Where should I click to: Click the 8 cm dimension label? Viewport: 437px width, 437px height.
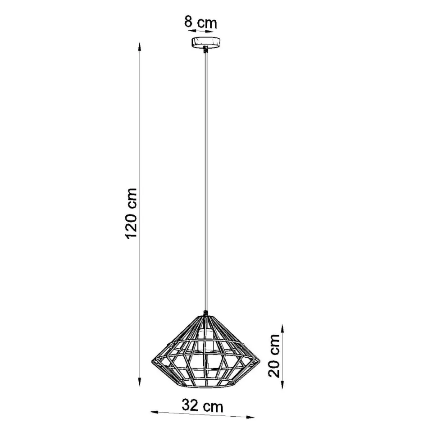(200, 22)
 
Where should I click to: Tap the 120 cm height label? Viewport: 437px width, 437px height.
(132, 214)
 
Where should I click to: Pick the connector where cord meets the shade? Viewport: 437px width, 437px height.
(205, 314)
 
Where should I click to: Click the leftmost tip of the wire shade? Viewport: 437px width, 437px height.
(152, 360)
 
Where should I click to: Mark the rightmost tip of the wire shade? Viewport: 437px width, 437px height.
(260, 360)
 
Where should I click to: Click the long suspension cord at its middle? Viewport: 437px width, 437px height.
(205, 180)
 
